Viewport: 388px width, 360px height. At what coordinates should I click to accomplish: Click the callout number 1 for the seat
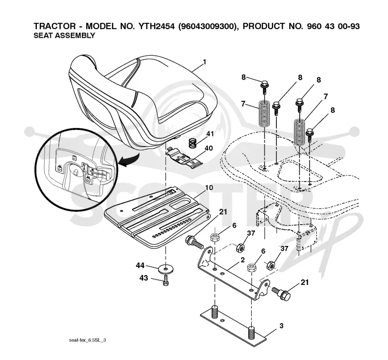click(x=204, y=62)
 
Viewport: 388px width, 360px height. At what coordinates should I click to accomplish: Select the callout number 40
click(x=209, y=148)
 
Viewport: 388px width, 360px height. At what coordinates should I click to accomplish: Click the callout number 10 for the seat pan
click(x=209, y=188)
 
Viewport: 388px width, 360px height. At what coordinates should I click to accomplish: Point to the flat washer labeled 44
click(x=166, y=269)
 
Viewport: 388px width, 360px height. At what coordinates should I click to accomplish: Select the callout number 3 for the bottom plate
click(x=281, y=326)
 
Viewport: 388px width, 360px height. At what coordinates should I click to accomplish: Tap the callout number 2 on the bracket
click(x=242, y=260)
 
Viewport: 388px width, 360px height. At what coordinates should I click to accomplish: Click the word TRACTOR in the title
click(x=55, y=26)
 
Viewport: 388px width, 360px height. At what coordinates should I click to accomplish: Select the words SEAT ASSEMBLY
click(x=64, y=35)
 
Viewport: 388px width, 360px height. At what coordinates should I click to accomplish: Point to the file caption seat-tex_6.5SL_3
click(x=87, y=340)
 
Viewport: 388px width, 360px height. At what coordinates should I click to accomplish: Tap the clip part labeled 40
click(x=184, y=158)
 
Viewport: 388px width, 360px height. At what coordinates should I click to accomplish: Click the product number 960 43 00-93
click(x=333, y=26)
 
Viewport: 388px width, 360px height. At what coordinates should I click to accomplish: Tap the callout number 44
click(x=140, y=266)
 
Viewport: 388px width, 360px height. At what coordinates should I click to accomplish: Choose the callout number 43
click(x=144, y=278)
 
